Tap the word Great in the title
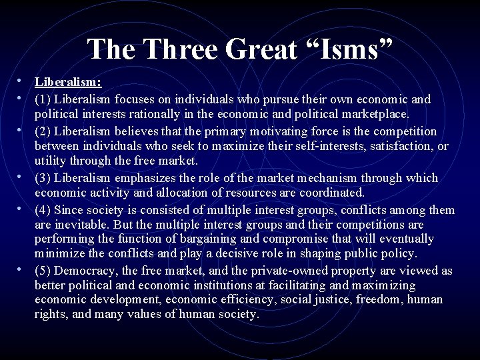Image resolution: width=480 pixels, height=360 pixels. (x=267, y=49)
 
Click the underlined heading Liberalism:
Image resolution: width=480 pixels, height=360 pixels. (x=68, y=83)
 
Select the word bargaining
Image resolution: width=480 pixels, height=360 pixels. (x=204, y=239)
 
